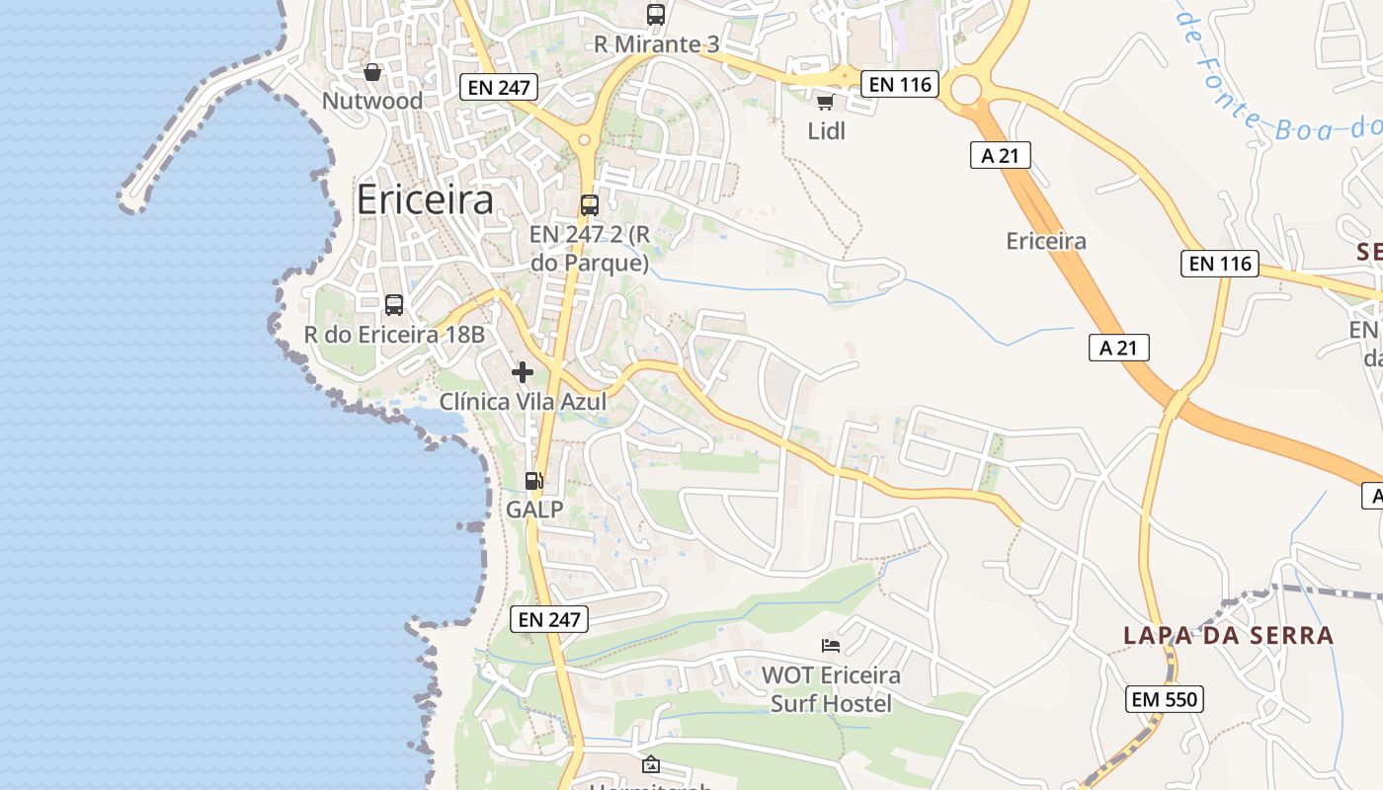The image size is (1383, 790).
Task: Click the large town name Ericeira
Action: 425,200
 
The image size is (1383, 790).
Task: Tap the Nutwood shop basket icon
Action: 372,72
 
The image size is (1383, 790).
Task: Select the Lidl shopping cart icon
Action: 826,102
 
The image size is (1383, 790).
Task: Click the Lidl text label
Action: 827,130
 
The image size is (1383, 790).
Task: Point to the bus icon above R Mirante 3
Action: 656,15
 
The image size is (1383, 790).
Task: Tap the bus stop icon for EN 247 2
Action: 590,205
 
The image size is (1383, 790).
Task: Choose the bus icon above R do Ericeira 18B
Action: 394,305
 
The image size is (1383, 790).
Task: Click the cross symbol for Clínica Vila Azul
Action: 523,372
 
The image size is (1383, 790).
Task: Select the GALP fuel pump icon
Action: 534,481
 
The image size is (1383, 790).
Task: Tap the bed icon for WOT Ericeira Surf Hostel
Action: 831,646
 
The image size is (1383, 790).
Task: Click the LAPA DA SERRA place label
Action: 1229,635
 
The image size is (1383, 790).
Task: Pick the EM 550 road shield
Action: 1165,700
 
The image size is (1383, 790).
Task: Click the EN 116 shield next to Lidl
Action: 898,84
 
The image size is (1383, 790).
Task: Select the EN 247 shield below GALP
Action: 549,619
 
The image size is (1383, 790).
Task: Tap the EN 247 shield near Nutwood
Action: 500,87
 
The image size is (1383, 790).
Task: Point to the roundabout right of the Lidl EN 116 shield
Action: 966,91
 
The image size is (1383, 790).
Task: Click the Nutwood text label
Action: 372,101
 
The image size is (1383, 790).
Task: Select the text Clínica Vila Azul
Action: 523,402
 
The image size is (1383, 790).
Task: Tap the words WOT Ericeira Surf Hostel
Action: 831,689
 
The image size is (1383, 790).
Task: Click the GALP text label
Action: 534,510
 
